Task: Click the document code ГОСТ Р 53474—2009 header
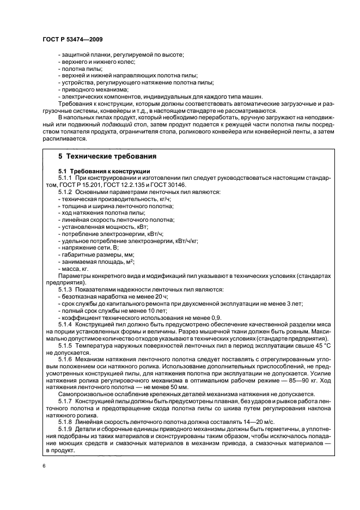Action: [72, 40]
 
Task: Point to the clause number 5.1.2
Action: [66, 192]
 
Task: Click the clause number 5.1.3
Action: [66, 289]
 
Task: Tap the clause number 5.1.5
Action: [66, 345]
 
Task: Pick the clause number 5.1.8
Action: [66, 423]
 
